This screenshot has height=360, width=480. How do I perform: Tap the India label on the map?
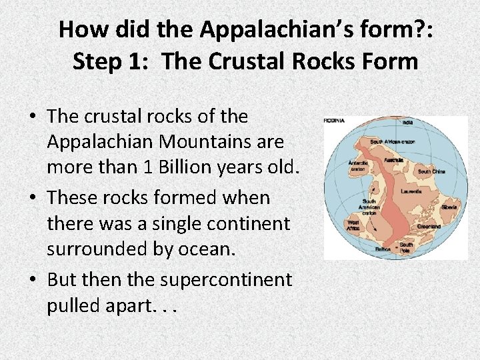[408, 123]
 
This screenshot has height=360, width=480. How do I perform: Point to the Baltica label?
[381, 249]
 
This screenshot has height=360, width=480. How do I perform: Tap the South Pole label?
[407, 247]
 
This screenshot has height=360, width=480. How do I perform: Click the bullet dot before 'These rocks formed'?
[33, 199]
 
